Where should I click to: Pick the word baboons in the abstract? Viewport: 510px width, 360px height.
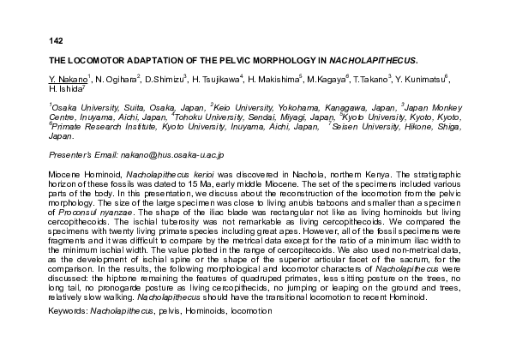click(339, 200)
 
